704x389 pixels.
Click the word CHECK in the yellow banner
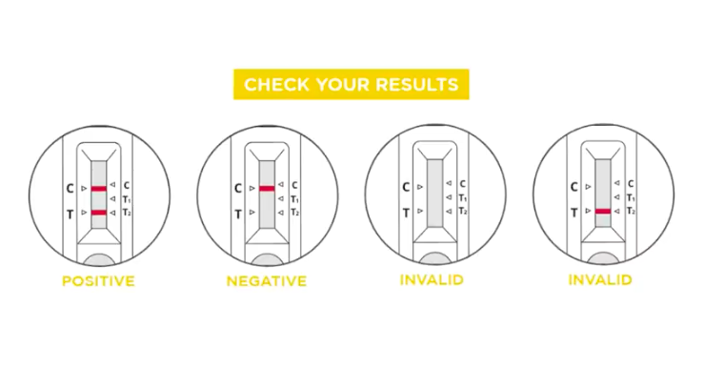276,85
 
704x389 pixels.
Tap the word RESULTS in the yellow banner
416,85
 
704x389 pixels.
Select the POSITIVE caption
98,281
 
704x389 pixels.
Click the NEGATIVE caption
266,281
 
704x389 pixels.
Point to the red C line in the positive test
99,189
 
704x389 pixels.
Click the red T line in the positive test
99,213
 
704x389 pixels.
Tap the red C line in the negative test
267,189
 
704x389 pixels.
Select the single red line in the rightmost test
602,211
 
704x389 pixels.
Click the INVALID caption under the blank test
432,280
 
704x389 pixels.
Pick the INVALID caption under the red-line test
600,280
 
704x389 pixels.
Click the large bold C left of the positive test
70,189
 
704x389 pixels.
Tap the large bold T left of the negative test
238,215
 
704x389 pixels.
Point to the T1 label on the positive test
127,199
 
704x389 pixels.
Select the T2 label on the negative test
295,212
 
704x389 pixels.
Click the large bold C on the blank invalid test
406,187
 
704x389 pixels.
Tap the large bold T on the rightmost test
573,213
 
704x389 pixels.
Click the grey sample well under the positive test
99,259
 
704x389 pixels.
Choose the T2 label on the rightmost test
631,211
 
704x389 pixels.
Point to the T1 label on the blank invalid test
463,197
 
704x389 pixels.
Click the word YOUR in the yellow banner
342,85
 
